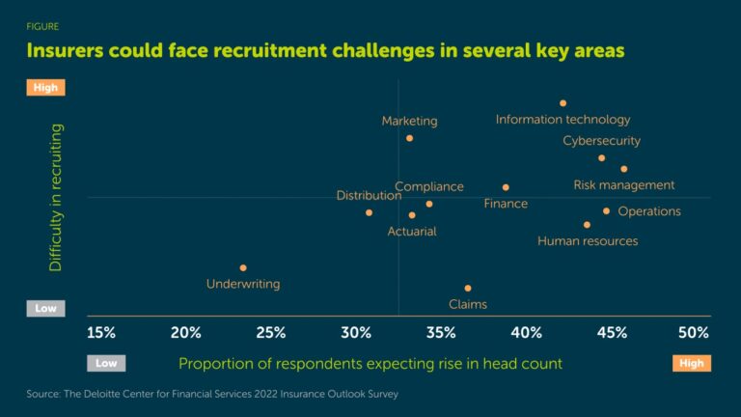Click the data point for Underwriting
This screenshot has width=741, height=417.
(x=243, y=267)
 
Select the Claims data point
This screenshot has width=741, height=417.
(x=468, y=288)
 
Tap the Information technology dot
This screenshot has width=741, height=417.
(x=563, y=103)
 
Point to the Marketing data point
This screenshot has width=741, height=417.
(x=409, y=138)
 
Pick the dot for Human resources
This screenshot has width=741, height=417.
(x=587, y=225)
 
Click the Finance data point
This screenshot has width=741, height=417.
(x=506, y=187)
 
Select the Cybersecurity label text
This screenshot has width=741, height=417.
(x=601, y=141)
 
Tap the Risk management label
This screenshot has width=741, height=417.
(x=623, y=185)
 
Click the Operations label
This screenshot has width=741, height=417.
(x=648, y=211)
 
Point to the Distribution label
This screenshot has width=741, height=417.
(x=369, y=196)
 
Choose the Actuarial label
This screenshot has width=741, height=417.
(x=412, y=232)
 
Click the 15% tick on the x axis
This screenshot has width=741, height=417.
(x=101, y=333)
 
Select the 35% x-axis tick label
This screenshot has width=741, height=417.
(x=441, y=333)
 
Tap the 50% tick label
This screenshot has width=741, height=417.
(x=694, y=333)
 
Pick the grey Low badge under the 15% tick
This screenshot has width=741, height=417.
(x=105, y=364)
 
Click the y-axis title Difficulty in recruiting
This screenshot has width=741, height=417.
(x=56, y=197)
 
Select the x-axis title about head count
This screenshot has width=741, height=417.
(x=370, y=363)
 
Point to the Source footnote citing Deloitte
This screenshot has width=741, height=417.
(x=211, y=394)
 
